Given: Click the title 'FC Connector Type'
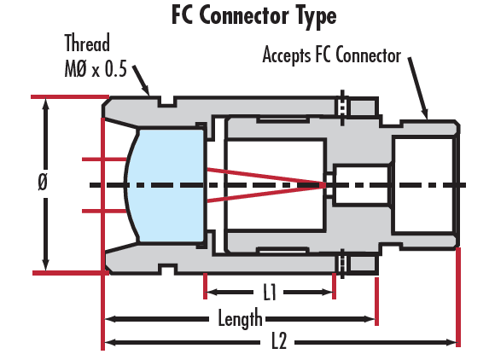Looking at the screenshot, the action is coord(254,15).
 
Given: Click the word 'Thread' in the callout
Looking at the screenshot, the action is coord(87,43).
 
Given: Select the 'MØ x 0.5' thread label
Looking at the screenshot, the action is coord(96,69).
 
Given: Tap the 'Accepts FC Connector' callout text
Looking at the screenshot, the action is coord(332,55).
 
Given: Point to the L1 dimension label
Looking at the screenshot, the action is coord(270,292).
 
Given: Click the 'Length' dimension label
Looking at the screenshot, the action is coord(240,318).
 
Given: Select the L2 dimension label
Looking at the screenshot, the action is coord(279,340).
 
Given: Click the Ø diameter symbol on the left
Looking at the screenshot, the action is coord(43,182).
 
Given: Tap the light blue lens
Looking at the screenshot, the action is coord(166,185).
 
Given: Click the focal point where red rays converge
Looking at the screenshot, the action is coord(325,185).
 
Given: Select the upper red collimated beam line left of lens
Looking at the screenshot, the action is coord(104,160).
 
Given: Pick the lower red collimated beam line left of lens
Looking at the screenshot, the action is coord(104,211).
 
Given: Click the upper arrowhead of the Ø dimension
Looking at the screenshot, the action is coord(46,104).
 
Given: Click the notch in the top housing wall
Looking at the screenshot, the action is coord(167,102).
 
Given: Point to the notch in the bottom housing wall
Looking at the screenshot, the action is coord(167,269).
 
